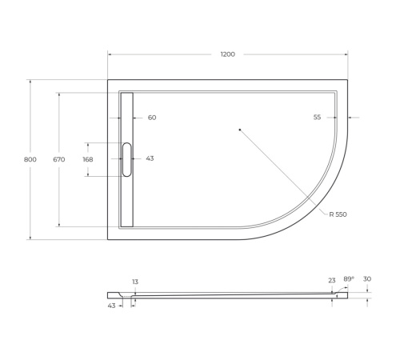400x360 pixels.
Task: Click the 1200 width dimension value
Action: [227, 54]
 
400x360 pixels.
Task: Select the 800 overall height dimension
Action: [30, 159]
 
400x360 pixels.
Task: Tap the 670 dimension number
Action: [58, 159]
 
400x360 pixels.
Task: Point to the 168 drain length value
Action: [88, 159]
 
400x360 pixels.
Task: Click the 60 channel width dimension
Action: [152, 118]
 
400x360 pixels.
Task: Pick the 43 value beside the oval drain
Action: [150, 158]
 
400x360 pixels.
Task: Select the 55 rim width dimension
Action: [317, 118]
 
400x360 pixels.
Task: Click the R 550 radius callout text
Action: [338, 214]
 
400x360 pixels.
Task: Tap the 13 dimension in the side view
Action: [134, 282]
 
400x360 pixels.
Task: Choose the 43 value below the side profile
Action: [111, 305]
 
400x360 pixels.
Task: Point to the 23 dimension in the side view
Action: [331, 280]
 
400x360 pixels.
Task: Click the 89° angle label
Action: [348, 279]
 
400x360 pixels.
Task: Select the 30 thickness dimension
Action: [367, 279]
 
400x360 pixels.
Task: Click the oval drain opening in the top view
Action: [126, 158]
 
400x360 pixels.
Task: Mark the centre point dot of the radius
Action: [239, 128]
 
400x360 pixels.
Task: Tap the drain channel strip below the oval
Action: [126, 200]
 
